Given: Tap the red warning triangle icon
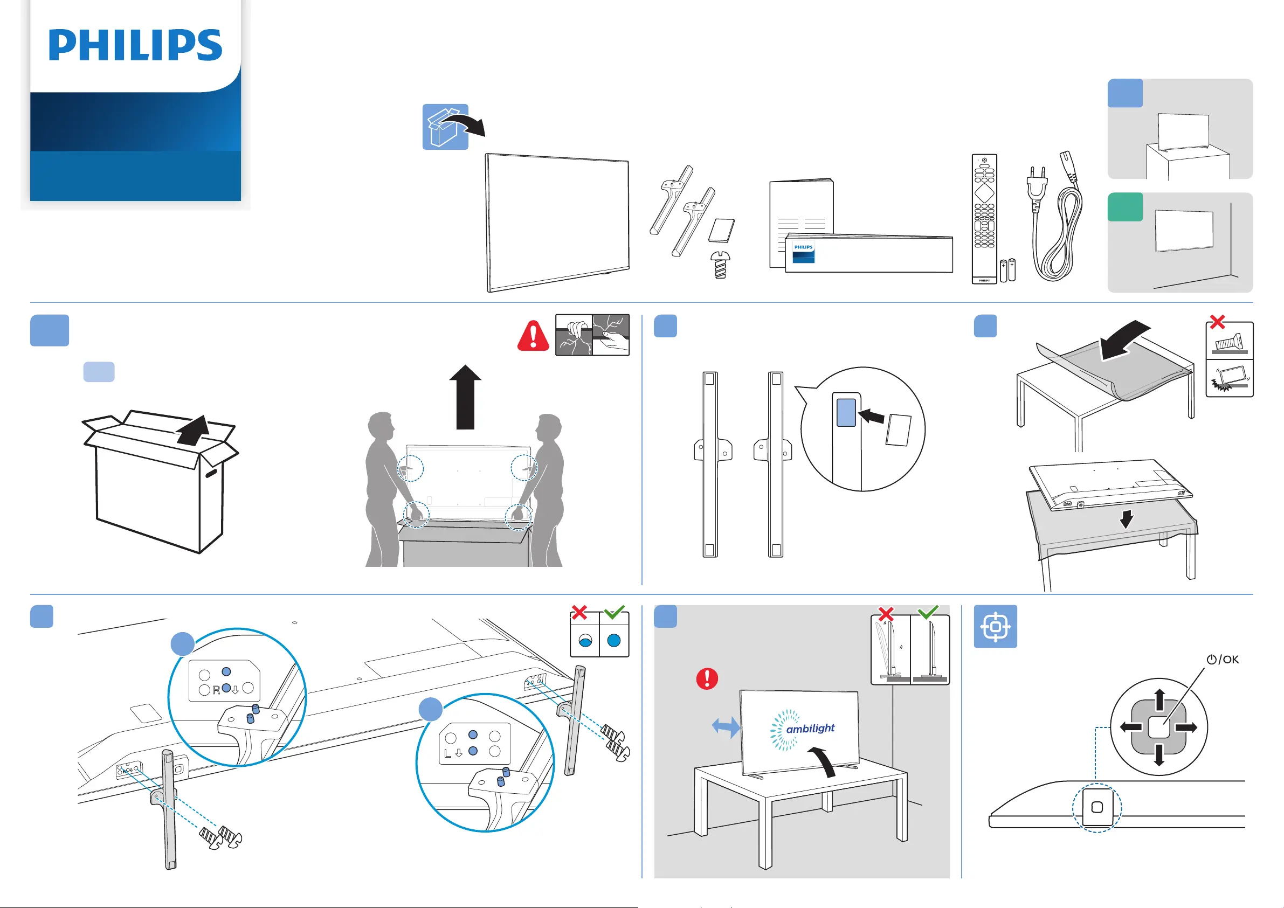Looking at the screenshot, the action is [533, 336].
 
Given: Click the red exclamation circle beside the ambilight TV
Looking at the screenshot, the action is [707, 678].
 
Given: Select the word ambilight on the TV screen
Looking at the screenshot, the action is [810, 729].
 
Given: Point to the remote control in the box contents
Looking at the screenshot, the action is [984, 219].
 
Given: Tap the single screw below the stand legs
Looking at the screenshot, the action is [720, 265].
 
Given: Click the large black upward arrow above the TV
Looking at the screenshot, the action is [465, 397].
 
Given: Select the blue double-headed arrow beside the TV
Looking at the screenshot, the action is [726, 727].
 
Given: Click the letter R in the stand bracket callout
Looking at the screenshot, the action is [216, 690].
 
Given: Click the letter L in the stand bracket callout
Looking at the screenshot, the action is [447, 753].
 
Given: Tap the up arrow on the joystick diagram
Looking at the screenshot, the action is [1159, 700].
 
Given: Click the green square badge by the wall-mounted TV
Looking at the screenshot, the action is [1124, 207].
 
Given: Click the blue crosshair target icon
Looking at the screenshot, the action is [996, 627].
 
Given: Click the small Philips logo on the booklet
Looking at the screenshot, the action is [804, 247].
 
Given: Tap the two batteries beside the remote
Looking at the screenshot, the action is [1007, 270].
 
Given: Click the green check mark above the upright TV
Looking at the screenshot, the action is [928, 612].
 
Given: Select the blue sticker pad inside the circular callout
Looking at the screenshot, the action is [846, 412].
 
